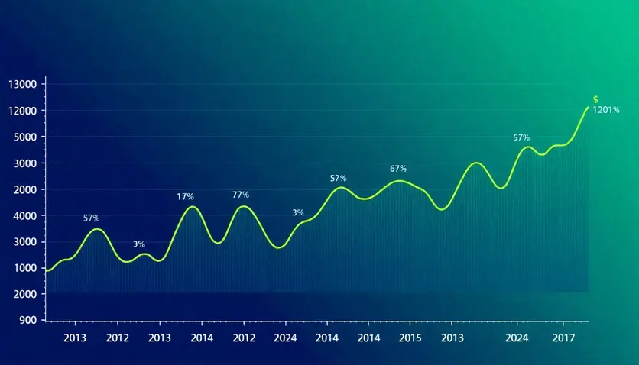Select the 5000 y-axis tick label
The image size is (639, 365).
tap(24, 137)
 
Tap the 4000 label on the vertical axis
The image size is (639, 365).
tap(24, 216)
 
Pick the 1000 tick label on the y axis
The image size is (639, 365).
tap(24, 268)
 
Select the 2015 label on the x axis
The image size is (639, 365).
tap(410, 338)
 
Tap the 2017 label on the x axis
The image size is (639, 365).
tap(563, 338)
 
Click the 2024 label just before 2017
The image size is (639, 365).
tap(517, 338)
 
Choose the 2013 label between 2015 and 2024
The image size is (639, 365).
tap(452, 338)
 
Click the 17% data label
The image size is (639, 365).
tap(185, 197)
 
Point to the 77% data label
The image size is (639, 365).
tap(241, 195)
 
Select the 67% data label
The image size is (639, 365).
tap(398, 169)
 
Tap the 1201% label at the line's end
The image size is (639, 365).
tap(606, 110)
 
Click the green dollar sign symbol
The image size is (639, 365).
tap(595, 99)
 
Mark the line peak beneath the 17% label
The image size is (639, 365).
tap(193, 207)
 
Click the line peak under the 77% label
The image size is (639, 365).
tap(244, 206)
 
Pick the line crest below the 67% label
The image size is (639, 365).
tap(398, 181)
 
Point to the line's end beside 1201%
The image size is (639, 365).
tap(588, 107)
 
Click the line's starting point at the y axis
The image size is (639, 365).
tap(47, 270)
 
